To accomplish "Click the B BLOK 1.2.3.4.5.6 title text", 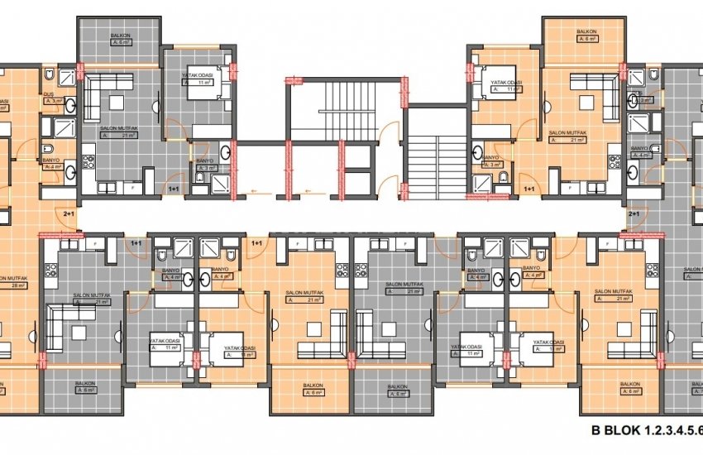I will coord(646,430).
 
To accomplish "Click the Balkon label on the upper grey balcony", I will coord(120,36).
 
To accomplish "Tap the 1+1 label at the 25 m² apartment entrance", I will coord(175,189).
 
